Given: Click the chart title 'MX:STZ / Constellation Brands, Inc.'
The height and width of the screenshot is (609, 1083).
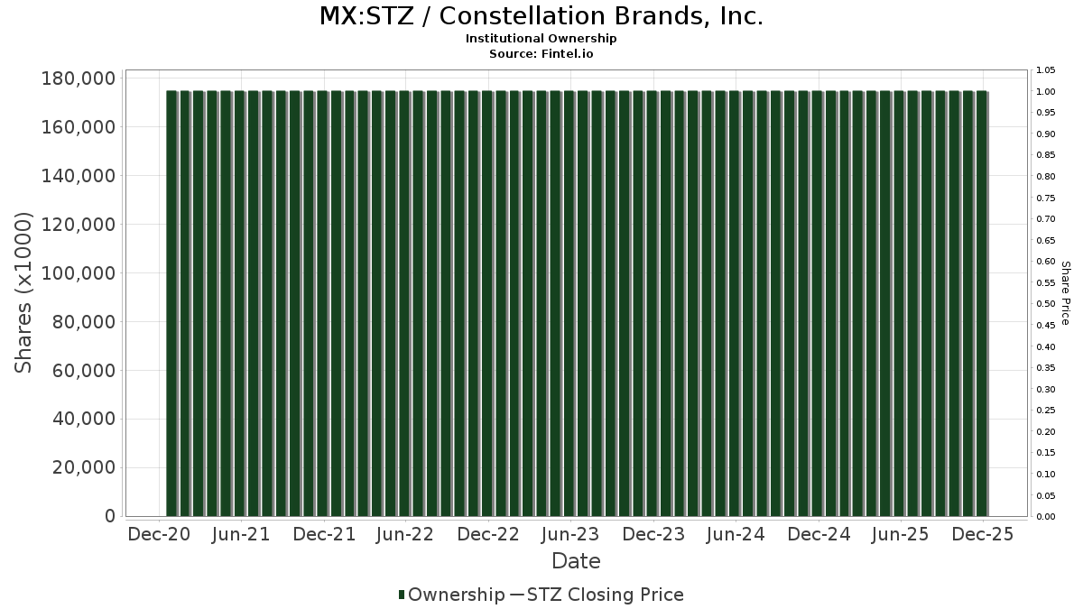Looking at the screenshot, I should point(541,16).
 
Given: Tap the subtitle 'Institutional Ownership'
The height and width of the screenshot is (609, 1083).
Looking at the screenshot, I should point(541,39).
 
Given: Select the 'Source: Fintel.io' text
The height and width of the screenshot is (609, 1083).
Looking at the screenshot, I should point(541,54).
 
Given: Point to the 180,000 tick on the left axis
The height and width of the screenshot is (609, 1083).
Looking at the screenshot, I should point(79,78).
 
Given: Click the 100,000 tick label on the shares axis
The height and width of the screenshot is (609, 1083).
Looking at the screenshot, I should point(79,273).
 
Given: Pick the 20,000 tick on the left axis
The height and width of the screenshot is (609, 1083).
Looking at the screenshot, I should point(83,467).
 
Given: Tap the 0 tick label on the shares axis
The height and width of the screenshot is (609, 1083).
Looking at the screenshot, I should point(110,516).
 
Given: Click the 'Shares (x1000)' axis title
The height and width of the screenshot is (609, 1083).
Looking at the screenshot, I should point(24,292).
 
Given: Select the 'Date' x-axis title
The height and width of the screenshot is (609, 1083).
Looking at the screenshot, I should point(576,561).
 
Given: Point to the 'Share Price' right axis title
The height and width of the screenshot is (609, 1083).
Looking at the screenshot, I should point(1066,292).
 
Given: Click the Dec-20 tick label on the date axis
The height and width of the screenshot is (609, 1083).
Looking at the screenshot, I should point(159,534).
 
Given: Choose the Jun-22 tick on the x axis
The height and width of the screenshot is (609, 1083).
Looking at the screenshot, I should point(405,534).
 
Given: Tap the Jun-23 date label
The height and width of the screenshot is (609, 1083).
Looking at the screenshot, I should point(570,534).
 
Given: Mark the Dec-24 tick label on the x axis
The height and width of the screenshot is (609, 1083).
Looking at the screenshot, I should point(818,534).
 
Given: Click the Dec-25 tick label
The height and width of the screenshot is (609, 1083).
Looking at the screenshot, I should point(983,534).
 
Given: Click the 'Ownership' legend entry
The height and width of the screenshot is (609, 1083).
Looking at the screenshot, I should point(457,595).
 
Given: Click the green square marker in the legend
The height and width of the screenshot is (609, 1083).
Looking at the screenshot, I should point(402,595).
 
